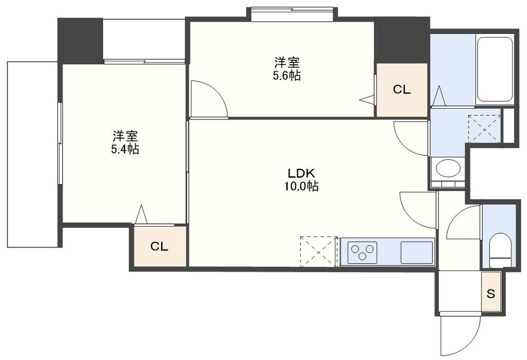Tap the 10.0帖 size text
(301, 187)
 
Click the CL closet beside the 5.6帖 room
(402, 90)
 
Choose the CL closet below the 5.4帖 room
(160, 246)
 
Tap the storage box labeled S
(491, 295)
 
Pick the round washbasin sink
(447, 168)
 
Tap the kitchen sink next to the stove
(416, 252)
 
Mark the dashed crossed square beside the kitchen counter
(318, 251)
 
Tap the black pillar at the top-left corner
(80, 40)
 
